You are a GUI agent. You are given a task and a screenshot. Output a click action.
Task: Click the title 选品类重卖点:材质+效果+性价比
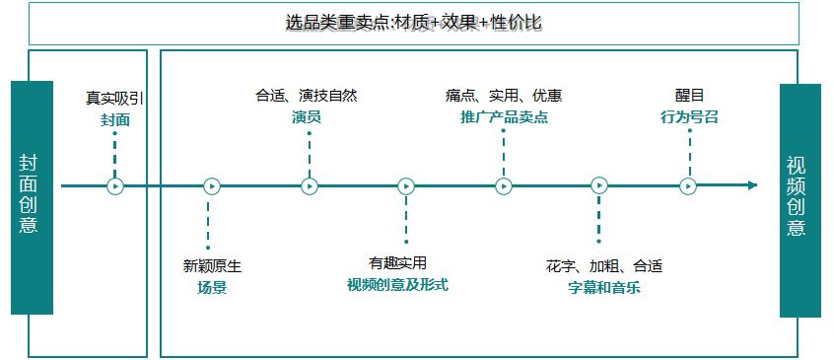point(413,22)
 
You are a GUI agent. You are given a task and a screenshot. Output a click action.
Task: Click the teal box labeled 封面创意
point(32,197)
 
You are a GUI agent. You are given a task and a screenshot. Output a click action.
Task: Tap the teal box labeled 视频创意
point(799,200)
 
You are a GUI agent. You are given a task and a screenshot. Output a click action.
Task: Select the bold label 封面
point(114,120)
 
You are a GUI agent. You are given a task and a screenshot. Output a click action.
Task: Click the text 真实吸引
point(114,98)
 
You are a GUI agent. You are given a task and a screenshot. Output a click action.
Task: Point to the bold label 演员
point(307,117)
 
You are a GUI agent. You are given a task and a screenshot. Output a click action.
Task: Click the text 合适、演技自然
point(307,96)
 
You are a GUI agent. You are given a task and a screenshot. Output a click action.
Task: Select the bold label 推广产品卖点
point(504,117)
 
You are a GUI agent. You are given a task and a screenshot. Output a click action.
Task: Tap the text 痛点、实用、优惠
point(504,96)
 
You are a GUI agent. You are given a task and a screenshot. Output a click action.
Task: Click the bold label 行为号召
point(689,117)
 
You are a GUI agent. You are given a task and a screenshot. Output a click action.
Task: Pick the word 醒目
point(689,95)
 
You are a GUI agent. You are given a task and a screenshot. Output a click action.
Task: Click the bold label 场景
point(212,288)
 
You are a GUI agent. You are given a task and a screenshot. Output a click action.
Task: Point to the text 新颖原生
point(212,266)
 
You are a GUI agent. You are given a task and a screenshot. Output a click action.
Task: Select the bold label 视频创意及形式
point(398,285)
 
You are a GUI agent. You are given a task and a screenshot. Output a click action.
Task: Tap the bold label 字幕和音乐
point(603,288)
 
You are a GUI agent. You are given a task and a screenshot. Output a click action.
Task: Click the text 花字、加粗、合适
point(603,266)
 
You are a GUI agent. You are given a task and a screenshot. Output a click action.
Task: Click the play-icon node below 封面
point(115,185)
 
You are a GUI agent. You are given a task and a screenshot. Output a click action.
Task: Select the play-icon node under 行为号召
point(688,185)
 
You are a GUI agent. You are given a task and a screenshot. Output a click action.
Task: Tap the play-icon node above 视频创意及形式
point(406,185)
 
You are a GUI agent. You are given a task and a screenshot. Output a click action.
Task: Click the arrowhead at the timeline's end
point(752,184)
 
